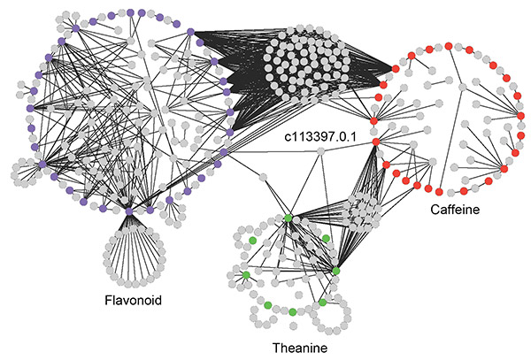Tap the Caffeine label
pyautogui.click(x=459, y=211)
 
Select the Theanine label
pyautogui.click(x=298, y=349)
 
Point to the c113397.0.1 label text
pyautogui.click(x=315, y=137)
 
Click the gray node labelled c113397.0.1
pyautogui.click(x=321, y=152)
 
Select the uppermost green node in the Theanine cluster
pyautogui.click(x=288, y=218)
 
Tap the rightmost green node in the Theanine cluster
pyautogui.click(x=336, y=270)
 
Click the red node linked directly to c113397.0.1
pyautogui.click(x=375, y=142)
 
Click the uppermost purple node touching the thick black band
pyautogui.click(x=190, y=33)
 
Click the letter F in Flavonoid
pyautogui.click(x=104, y=301)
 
